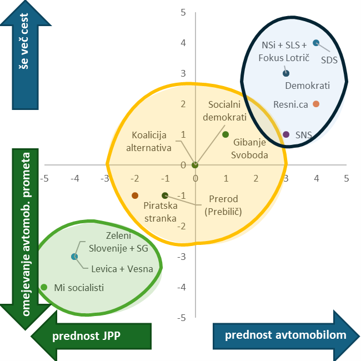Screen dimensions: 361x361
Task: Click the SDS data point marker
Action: point(316,43)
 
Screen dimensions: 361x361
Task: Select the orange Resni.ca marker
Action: point(316,104)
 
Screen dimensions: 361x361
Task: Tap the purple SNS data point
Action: point(286,134)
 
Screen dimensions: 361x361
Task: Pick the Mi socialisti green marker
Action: point(44,287)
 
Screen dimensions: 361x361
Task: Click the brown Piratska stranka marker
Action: point(134,195)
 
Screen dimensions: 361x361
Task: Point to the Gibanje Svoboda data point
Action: point(225,134)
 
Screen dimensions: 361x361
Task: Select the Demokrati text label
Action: point(307,86)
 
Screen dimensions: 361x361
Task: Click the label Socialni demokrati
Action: point(224,111)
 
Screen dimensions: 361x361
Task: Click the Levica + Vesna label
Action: point(122,270)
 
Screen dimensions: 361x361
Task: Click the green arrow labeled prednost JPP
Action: point(92,335)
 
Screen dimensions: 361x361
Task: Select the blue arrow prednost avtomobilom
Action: point(287,335)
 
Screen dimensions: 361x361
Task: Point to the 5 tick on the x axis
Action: point(347,179)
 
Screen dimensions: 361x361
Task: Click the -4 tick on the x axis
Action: point(74,179)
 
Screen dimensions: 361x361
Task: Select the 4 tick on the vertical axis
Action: point(183,43)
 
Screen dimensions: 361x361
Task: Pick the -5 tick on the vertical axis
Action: point(181,318)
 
